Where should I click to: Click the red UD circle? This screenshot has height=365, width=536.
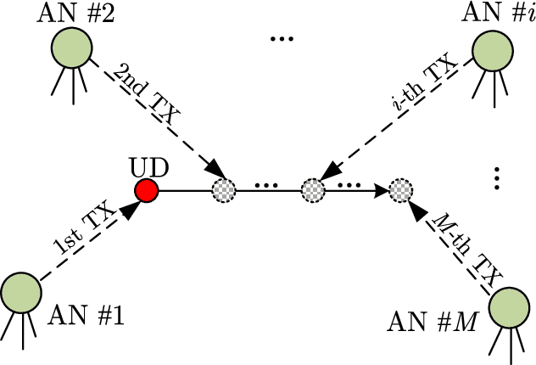(x=147, y=191)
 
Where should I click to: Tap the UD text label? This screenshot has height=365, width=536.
(x=144, y=166)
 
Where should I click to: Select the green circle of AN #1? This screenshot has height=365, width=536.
(x=20, y=293)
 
